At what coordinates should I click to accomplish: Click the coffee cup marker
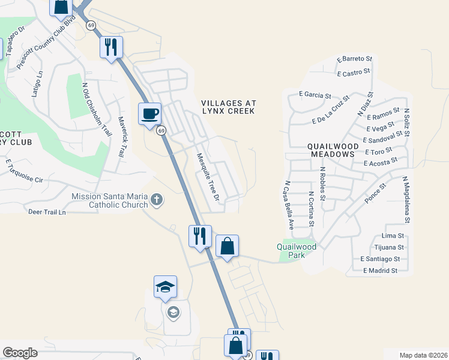149,113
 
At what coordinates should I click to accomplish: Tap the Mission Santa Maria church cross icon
157,199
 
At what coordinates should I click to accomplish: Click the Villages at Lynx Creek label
228,107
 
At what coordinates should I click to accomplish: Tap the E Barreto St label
355,59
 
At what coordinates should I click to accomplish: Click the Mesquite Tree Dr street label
208,176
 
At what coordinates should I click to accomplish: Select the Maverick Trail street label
121,137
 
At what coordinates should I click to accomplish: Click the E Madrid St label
379,271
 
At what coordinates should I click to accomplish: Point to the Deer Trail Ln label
47,212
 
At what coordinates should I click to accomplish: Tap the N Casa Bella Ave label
289,205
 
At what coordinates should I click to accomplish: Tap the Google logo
20,352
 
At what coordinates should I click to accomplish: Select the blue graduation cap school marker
165,287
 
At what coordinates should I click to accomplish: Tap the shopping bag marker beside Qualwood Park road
227,246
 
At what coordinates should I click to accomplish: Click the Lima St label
393,236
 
